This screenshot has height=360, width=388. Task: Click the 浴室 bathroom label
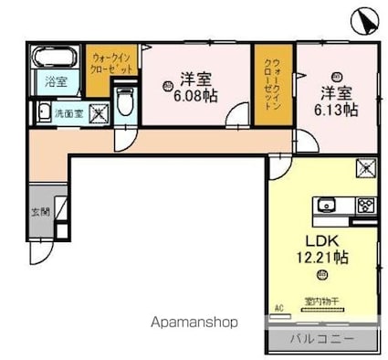coord(56,82)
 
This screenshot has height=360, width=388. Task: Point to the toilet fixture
coord(126,102)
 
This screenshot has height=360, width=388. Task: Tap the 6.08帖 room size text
coord(196,96)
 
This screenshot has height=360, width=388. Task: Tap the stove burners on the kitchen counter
coord(365,205)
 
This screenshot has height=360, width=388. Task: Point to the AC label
coord(278,308)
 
